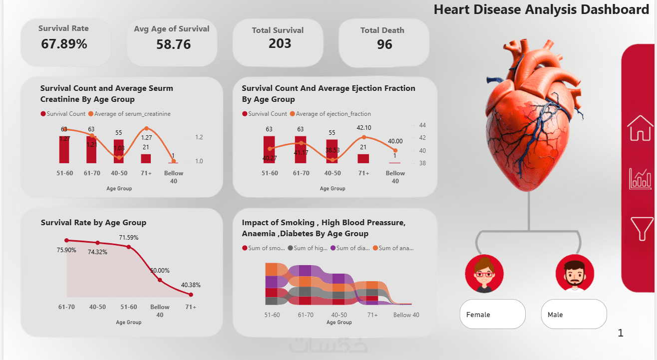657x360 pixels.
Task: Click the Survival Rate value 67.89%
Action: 64,44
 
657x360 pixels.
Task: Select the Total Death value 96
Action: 384,44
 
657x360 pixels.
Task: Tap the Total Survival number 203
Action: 280,44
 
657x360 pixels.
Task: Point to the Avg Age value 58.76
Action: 173,44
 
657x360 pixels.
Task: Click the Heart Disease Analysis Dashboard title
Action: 541,9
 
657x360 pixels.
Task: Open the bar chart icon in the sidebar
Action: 640,179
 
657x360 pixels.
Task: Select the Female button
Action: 492,315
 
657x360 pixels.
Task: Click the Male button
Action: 574,315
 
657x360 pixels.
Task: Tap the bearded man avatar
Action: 575,274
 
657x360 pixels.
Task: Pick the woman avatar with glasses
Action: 484,274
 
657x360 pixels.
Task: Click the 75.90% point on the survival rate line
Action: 66,240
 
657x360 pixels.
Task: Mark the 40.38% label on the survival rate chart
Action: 191,285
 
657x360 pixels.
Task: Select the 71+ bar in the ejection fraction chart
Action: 363,158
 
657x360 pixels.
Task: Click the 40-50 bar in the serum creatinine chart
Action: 118,151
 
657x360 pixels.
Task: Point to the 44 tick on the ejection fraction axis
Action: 422,125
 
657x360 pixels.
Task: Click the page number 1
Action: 621,333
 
